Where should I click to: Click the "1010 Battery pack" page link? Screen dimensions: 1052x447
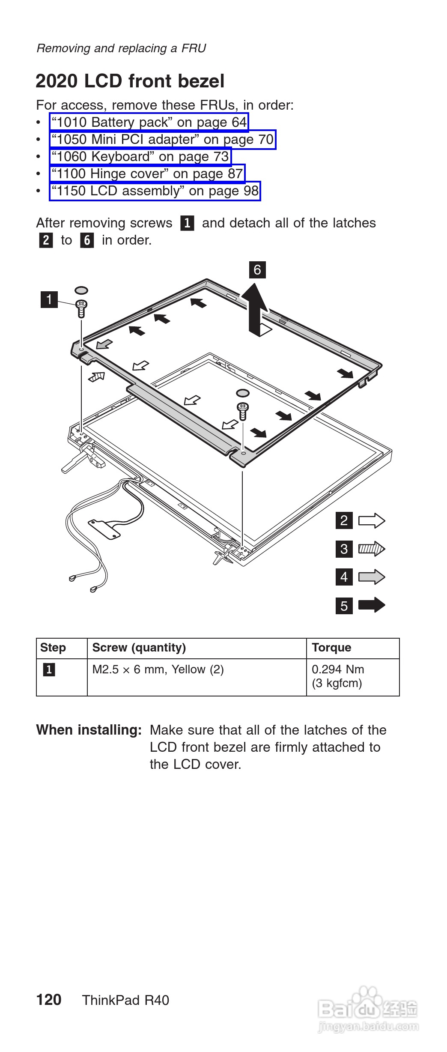[149, 123]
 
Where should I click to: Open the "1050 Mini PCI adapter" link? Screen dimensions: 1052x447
[162, 140]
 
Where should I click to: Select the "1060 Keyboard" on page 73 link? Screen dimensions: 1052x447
[140, 157]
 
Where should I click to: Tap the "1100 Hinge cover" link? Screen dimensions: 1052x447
[147, 174]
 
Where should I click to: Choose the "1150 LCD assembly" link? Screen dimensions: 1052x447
[155, 191]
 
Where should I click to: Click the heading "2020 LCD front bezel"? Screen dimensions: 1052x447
[130, 81]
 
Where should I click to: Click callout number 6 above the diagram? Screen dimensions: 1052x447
[257, 270]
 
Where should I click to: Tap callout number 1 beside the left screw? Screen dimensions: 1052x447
[49, 299]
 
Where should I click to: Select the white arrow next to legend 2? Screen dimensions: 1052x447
[371, 520]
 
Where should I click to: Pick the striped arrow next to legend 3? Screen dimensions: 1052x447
[371, 549]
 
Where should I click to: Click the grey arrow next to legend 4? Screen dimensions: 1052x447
[371, 577]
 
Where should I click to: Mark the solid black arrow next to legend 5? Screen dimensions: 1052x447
[371, 605]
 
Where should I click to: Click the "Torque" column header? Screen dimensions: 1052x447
[331, 648]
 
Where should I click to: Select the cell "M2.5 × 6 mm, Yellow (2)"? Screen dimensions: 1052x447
[158, 669]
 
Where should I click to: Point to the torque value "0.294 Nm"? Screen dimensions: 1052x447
[338, 669]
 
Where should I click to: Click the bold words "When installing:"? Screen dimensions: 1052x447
[89, 730]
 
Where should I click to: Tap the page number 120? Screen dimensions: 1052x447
[49, 1000]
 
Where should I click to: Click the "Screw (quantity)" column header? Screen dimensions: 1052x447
[139, 648]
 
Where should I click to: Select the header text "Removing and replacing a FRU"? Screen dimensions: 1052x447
[121, 48]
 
